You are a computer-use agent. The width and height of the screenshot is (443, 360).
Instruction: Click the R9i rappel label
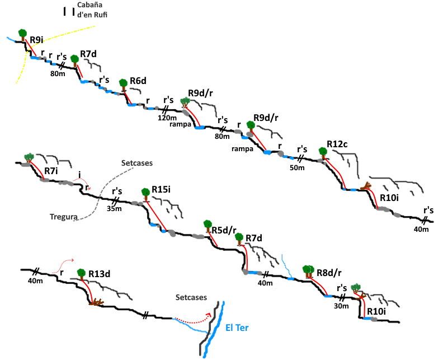(x=37, y=40)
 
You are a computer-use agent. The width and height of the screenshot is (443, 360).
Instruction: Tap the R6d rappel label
(x=138, y=81)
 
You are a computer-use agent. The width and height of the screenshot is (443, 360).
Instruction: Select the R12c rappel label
(x=337, y=144)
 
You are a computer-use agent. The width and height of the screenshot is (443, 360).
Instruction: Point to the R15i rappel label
(x=161, y=189)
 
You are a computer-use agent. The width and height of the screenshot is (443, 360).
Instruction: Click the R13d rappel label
(x=100, y=274)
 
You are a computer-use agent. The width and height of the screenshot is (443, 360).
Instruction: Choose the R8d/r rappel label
(x=329, y=273)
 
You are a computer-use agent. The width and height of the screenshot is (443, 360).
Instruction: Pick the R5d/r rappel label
(x=224, y=230)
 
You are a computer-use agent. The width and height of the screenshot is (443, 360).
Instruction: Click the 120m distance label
(x=167, y=118)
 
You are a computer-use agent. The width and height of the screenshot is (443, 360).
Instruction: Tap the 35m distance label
(x=114, y=209)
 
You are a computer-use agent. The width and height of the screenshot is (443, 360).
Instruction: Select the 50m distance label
(x=297, y=168)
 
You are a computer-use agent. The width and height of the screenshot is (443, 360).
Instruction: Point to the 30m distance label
(x=341, y=306)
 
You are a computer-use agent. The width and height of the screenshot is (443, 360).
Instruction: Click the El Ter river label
(x=237, y=328)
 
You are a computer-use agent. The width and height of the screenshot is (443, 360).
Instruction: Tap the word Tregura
(x=64, y=217)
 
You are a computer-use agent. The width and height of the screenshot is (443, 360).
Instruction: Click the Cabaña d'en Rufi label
(x=92, y=10)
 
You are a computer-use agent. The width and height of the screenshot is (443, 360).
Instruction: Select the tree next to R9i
(x=22, y=35)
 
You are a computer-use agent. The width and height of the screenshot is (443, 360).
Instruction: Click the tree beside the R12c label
(x=323, y=153)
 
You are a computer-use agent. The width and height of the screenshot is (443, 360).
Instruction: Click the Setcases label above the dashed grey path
(x=137, y=163)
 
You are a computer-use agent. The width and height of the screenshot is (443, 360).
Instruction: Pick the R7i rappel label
(x=51, y=171)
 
